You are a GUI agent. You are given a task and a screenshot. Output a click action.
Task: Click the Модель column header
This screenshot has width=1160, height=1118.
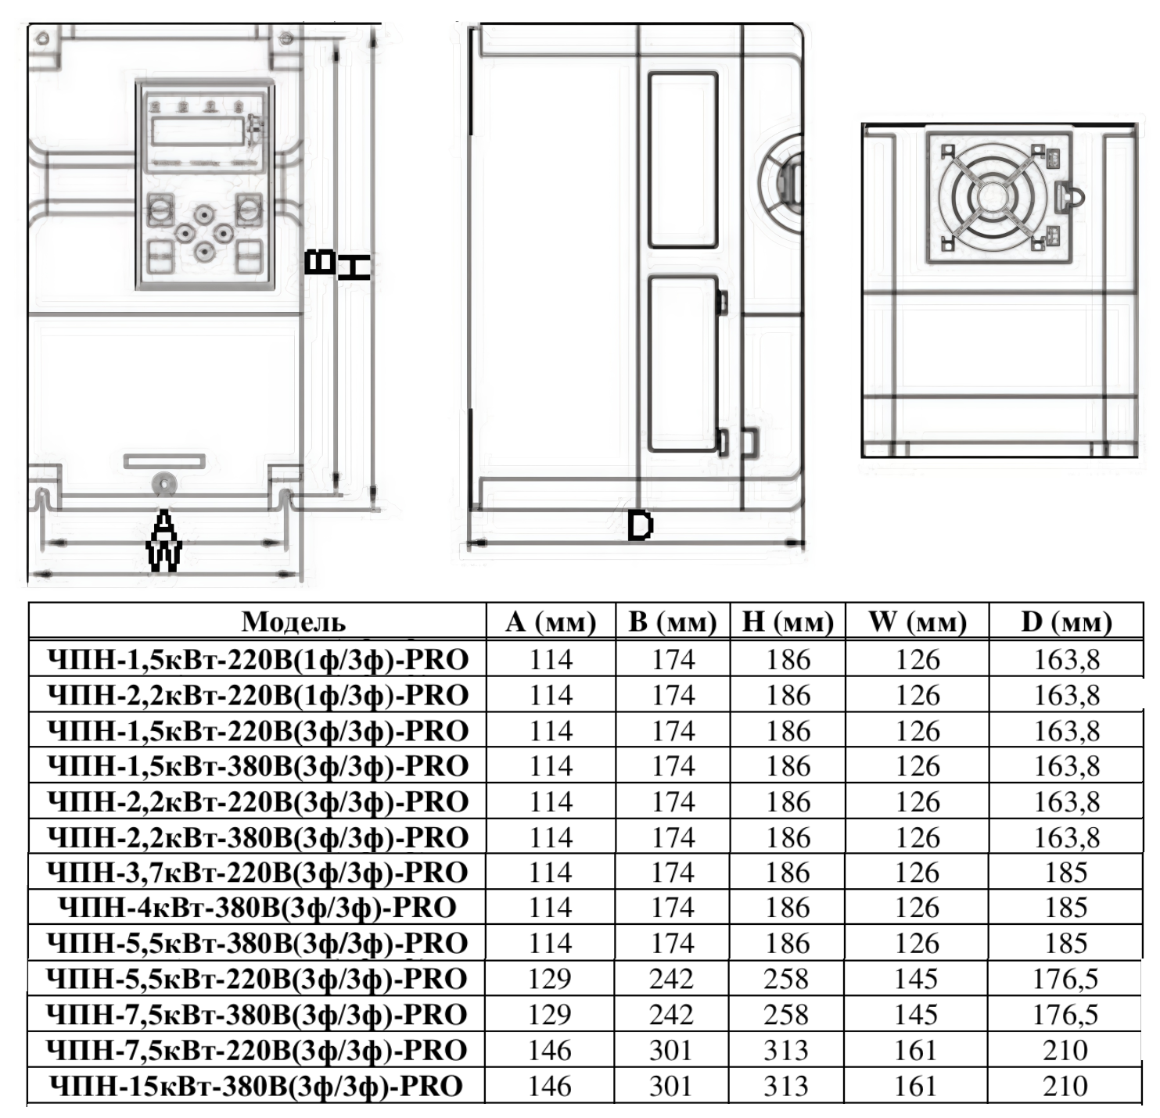[293, 622]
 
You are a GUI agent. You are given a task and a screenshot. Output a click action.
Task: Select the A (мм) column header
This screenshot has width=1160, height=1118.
[551, 622]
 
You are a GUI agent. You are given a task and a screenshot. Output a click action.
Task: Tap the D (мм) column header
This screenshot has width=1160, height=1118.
[1066, 622]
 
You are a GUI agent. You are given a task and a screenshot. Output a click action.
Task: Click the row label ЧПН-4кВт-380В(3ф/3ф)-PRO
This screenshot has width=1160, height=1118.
[257, 908]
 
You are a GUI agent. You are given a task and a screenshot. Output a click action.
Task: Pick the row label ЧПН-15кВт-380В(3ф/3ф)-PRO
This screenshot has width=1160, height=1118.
[256, 1086]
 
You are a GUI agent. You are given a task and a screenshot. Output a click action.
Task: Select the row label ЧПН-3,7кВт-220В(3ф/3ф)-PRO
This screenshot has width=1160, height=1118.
[257, 873]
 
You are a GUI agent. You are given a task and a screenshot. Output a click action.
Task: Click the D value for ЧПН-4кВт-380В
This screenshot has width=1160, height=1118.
[1066, 908]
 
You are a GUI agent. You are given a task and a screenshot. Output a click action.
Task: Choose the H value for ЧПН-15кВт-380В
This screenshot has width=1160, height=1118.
[786, 1086]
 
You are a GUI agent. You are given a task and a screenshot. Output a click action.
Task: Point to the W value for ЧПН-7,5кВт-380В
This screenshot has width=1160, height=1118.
[916, 1015]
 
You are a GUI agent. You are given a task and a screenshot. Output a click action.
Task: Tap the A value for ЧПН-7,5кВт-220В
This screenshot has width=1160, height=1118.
[550, 1050]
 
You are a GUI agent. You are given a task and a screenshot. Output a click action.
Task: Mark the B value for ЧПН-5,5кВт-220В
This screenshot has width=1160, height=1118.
[671, 979]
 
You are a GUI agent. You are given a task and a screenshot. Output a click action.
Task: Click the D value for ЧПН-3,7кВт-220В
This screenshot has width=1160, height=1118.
[1066, 873]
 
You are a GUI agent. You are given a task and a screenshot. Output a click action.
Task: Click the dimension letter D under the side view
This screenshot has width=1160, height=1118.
[640, 526]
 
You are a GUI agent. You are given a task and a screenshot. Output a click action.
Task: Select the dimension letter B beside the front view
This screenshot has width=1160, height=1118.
[319, 262]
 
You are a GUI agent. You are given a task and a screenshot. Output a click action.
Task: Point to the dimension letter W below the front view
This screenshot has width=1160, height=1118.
[164, 556]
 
